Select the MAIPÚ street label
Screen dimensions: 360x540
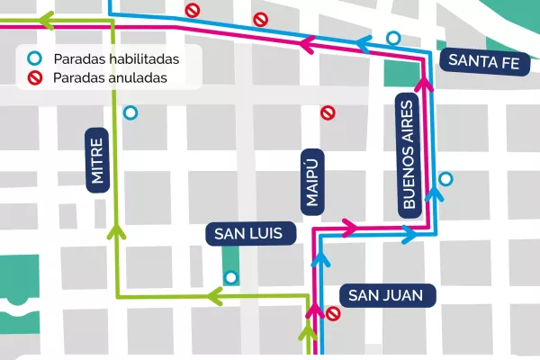pyautogui.click(x=311, y=181)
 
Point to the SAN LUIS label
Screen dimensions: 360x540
pyautogui.click(x=249, y=234)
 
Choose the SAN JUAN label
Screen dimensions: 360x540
pyautogui.click(x=391, y=294)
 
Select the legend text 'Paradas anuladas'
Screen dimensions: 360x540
pyautogui.click(x=112, y=77)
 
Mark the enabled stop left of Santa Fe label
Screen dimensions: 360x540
pyautogui.click(x=392, y=37)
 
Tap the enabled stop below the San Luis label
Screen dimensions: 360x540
pyautogui.click(x=231, y=277)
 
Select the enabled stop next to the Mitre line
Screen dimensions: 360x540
pyautogui.click(x=131, y=113)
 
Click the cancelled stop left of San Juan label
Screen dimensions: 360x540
pyautogui.click(x=333, y=313)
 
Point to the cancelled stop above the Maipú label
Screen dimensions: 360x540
pyautogui.click(x=328, y=112)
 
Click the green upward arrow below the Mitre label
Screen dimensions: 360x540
pyautogui.click(x=114, y=232)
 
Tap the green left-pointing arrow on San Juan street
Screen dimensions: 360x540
pyautogui.click(x=214, y=293)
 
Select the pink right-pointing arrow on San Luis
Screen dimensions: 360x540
pyautogui.click(x=349, y=224)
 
